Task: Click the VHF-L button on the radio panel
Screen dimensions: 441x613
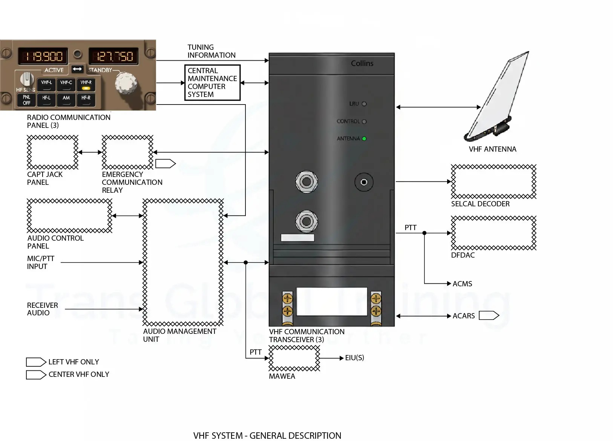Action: [46, 85]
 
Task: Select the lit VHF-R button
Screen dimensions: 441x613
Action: [86, 85]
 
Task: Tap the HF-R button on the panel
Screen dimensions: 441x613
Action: [86, 100]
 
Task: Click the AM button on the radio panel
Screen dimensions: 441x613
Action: [66, 100]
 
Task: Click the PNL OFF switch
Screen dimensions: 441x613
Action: [26, 100]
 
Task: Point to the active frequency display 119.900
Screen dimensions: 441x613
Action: [43, 57]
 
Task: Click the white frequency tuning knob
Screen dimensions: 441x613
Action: [126, 83]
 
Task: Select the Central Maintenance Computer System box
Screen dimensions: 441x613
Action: [212, 83]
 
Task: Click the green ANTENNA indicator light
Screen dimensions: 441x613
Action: [364, 138]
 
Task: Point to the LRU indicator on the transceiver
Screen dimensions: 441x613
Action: [364, 104]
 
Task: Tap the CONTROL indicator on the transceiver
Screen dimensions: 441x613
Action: [364, 121]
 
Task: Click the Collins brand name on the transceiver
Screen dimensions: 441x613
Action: [362, 63]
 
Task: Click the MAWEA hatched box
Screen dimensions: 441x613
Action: [294, 358]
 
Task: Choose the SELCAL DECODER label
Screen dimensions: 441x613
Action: [480, 204]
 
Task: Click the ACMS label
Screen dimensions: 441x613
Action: [462, 284]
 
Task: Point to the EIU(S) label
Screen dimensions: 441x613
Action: [354, 358]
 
